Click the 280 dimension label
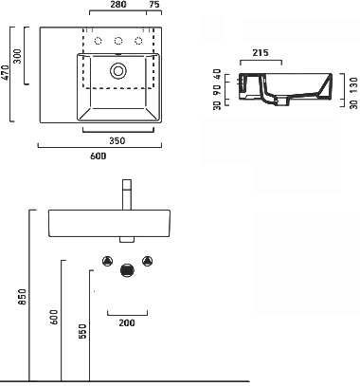pyautogui.click(x=118, y=5)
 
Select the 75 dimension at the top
pyautogui.click(x=154, y=5)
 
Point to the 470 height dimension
pyautogui.click(x=6, y=73)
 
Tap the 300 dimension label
pyautogui.click(x=18, y=56)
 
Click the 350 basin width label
pyautogui.click(x=117, y=140)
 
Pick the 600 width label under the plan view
pyautogui.click(x=99, y=156)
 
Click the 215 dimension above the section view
pyautogui.click(x=261, y=52)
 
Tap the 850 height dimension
pyautogui.click(x=23, y=297)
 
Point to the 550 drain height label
pyautogui.click(x=82, y=331)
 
